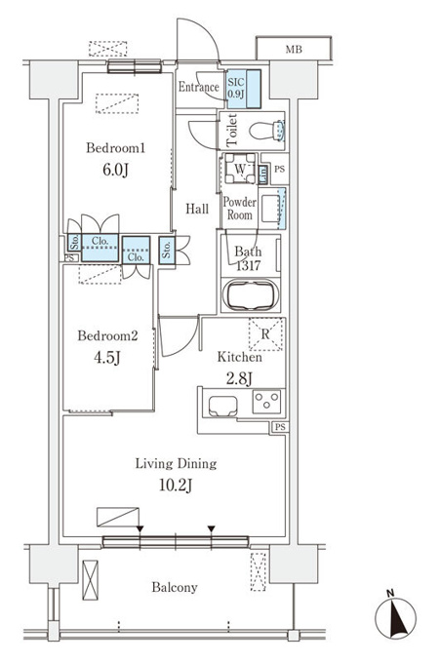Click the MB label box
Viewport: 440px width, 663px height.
(x=294, y=49)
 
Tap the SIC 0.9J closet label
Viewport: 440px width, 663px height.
(x=236, y=88)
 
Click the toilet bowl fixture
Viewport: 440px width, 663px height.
(x=266, y=131)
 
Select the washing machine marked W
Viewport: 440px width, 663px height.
(x=240, y=169)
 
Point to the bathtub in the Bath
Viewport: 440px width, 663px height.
(x=251, y=295)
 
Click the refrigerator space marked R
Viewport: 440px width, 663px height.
(x=265, y=334)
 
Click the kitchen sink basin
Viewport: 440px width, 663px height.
(x=222, y=407)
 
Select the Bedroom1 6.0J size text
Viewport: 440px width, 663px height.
(x=115, y=170)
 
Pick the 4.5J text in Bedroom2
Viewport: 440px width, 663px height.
(x=107, y=358)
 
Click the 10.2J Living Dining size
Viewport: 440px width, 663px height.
(x=176, y=485)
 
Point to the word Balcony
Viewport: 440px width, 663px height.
(x=175, y=587)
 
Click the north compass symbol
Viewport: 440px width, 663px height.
(x=395, y=616)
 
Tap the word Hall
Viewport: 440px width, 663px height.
(x=197, y=209)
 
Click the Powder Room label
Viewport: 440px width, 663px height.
(x=239, y=208)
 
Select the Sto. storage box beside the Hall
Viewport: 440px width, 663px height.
(x=167, y=251)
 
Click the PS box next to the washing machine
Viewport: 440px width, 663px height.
(x=279, y=169)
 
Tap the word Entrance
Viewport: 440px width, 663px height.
(x=198, y=87)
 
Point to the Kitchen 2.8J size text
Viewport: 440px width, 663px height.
(x=239, y=377)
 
